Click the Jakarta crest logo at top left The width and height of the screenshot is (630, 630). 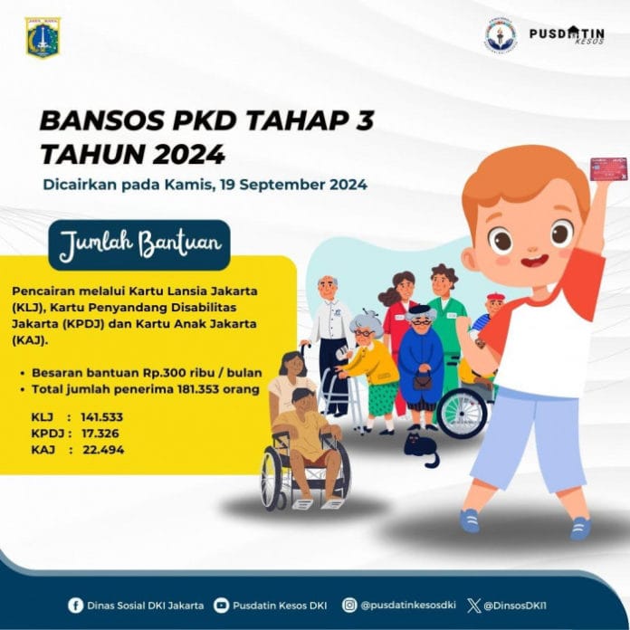[43, 37]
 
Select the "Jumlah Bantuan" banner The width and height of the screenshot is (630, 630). [138, 244]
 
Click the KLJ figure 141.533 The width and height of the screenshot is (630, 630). [100, 417]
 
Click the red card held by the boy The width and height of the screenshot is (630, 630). [608, 168]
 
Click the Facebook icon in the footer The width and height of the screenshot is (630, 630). [76, 605]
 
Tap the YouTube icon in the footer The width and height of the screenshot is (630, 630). [222, 605]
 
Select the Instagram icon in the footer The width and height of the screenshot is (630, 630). [349, 605]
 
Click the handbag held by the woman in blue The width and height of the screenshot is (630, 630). [422, 380]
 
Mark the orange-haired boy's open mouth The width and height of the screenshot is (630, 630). [539, 262]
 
